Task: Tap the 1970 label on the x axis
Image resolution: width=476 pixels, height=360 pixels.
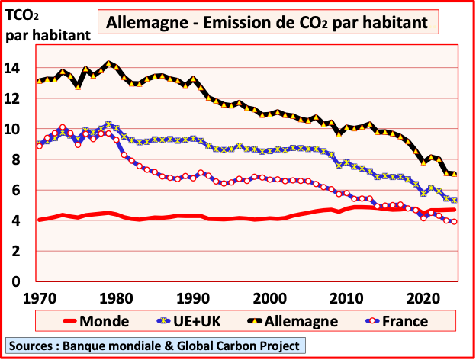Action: pos(40,297)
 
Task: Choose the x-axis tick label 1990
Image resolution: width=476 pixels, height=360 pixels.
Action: pos(192,297)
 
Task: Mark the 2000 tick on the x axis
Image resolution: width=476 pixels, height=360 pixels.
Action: pos(269,297)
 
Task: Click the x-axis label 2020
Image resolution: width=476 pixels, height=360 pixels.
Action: pos(423,297)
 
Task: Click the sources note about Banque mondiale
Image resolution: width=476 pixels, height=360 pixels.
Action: pos(154,345)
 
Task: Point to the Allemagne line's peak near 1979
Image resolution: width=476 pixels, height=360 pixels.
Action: pos(109,64)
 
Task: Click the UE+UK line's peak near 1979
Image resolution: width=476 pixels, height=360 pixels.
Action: pos(109,124)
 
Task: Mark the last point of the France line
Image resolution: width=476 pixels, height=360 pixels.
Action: pos(455,222)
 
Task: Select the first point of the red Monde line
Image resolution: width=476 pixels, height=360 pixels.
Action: pos(39,220)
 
